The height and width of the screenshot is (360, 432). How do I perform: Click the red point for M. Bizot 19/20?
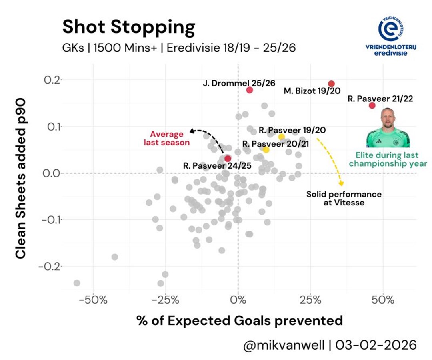pyautogui.click(x=331, y=84)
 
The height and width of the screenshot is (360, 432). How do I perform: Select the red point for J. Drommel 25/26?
pyautogui.click(x=250, y=90)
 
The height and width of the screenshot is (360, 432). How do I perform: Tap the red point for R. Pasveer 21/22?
pyautogui.click(x=372, y=105)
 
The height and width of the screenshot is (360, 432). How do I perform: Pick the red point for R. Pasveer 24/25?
pyautogui.click(x=228, y=159)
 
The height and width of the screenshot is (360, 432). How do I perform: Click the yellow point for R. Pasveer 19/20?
pyautogui.click(x=282, y=137)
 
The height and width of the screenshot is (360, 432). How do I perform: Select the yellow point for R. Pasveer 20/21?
pyautogui.click(x=266, y=150)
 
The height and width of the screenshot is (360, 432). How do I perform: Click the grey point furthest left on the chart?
pyautogui.click(x=77, y=283)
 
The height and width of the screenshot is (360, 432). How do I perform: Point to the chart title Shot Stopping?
pyautogui.click(x=128, y=28)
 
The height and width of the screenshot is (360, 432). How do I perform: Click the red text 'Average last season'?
pyautogui.click(x=166, y=138)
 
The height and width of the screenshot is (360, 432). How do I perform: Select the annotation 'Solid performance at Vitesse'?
pyautogui.click(x=344, y=198)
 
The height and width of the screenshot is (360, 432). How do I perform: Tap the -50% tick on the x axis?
pyautogui.click(x=93, y=300)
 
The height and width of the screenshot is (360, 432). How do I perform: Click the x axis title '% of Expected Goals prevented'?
pyautogui.click(x=239, y=321)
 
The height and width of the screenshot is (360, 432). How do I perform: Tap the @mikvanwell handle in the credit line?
pyautogui.click(x=284, y=345)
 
